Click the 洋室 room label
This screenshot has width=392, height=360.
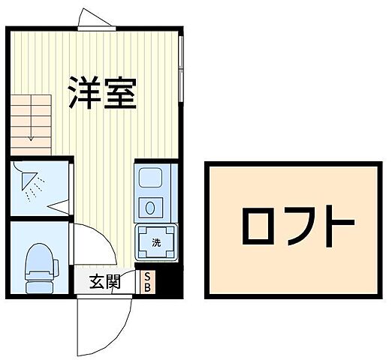(103, 93)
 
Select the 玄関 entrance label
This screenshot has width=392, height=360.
(105, 283)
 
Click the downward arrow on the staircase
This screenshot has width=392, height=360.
(29, 135)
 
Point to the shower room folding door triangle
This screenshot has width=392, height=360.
(57, 205)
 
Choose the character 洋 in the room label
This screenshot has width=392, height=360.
(84, 93)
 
